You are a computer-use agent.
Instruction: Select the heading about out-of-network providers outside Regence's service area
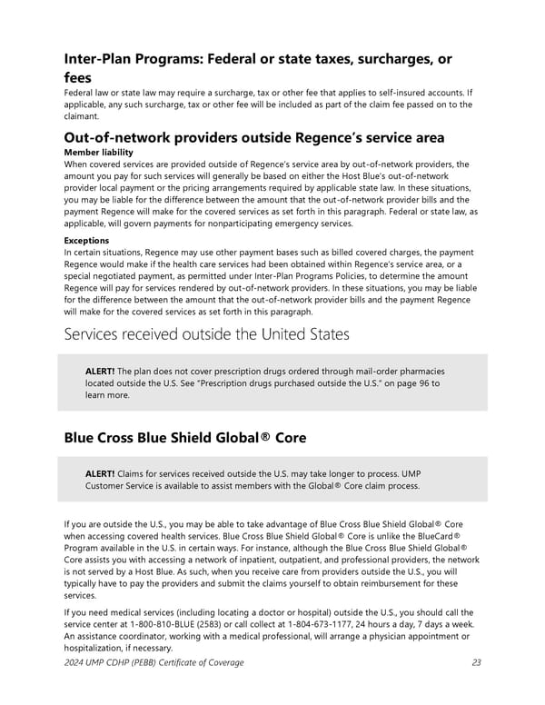pyautogui.click(x=254, y=137)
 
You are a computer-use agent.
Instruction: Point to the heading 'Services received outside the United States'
pyautogui.click(x=206, y=333)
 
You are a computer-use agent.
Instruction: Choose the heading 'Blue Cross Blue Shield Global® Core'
pyautogui.click(x=185, y=438)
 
